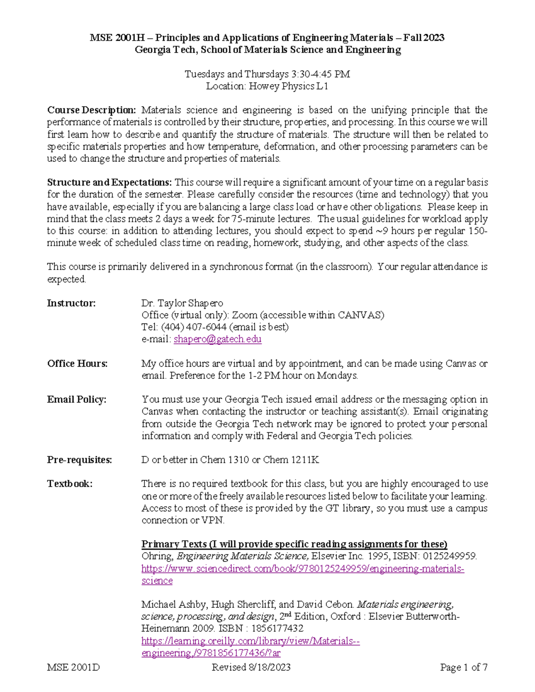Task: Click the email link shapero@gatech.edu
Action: tap(217, 339)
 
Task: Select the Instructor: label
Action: tap(71, 303)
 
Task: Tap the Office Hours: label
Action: tap(77, 364)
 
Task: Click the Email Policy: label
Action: tap(77, 399)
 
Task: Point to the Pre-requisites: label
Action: tap(79, 460)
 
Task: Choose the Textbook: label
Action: tap(70, 484)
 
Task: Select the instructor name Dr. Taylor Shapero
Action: tap(182, 303)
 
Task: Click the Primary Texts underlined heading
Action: tap(294, 544)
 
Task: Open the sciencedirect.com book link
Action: tap(302, 569)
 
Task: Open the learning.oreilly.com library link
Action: tap(250, 641)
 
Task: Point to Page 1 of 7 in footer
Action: tap(463, 667)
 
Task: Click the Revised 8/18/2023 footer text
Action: tap(251, 667)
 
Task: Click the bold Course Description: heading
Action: tap(92, 110)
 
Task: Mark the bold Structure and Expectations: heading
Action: tap(109, 182)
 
